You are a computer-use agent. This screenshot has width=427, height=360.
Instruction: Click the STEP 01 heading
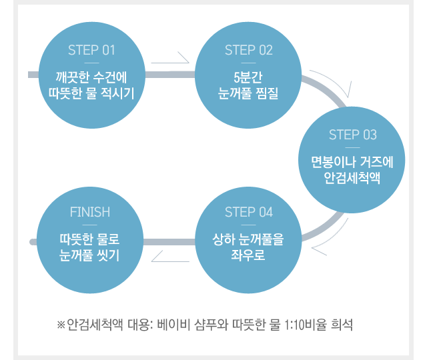pyautogui.click(x=91, y=50)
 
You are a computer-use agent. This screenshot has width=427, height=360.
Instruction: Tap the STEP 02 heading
pyautogui.click(x=249, y=50)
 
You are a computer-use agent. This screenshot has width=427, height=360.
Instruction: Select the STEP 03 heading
pyautogui.click(x=353, y=135)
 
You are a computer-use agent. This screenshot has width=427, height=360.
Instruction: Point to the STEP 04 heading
pyautogui.click(x=249, y=212)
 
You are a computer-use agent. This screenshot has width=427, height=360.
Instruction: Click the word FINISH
pyautogui.click(x=90, y=212)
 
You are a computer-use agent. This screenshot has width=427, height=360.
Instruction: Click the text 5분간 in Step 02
pyautogui.click(x=248, y=77)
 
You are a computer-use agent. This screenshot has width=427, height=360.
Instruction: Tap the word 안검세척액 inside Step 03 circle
pyautogui.click(x=352, y=178)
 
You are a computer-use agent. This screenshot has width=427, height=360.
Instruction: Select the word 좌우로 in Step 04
pyautogui.click(x=248, y=255)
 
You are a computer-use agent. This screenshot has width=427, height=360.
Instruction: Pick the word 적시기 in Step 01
pyautogui.click(x=117, y=93)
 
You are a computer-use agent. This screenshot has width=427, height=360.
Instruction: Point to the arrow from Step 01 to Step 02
pyautogui.click(x=170, y=59)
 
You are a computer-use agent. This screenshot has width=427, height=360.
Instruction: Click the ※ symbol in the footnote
pyautogui.click(x=61, y=325)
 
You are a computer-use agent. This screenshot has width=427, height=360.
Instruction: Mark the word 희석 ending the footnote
pyautogui.click(x=342, y=325)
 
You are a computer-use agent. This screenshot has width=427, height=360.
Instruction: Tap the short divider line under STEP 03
pyautogui.click(x=353, y=148)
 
